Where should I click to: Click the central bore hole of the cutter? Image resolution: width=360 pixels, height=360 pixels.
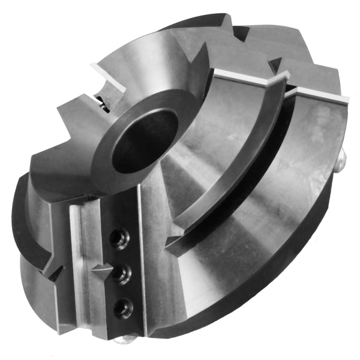click(145, 139)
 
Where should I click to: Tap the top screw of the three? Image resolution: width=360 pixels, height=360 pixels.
click(118, 240)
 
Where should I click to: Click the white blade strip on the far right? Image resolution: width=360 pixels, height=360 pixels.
click(318, 97)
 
